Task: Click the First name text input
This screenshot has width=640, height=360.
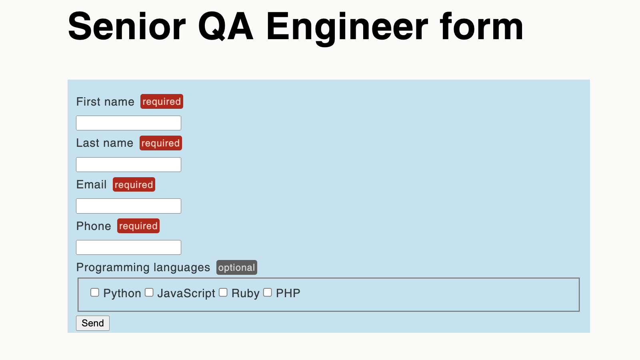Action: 128,123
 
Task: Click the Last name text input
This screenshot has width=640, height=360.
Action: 128,164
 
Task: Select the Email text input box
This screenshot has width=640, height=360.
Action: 128,206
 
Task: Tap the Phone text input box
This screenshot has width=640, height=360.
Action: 128,247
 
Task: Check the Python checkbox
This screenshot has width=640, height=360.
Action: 95,292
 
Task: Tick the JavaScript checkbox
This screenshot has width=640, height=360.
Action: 149,292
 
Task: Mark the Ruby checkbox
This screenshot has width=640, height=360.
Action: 223,292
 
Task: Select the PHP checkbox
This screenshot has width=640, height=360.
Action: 268,292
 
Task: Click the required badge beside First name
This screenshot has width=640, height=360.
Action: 162,102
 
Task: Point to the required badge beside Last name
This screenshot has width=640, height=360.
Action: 160,143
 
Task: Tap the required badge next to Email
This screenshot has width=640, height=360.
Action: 134,184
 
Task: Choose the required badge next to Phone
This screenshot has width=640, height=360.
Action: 138,226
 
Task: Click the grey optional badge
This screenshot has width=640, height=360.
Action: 236,268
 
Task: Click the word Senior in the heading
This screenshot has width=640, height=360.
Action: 127,27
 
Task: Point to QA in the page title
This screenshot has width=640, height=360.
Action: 226,27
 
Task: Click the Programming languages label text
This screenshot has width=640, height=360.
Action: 143,268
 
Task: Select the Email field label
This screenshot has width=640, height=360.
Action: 91,184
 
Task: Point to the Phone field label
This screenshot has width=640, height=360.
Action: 94,226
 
